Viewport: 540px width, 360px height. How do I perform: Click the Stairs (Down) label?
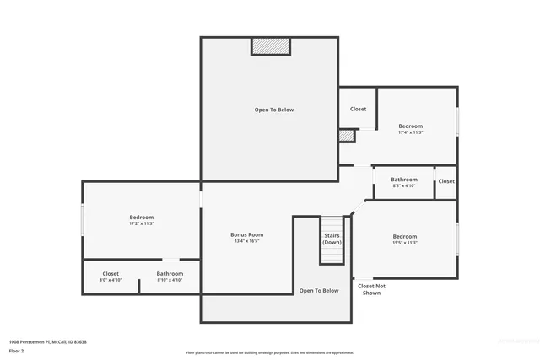332,239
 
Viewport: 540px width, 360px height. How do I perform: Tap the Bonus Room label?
247,234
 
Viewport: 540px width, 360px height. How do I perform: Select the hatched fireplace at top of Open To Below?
269,46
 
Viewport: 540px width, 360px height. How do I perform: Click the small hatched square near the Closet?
345,136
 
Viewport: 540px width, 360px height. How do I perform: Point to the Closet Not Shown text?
371,289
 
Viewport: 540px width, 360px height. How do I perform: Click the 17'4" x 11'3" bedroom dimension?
411,132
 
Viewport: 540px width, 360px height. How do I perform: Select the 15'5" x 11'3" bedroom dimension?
404,243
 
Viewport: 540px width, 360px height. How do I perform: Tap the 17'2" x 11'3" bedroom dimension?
141,223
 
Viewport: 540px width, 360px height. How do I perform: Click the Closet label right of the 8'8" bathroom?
446,181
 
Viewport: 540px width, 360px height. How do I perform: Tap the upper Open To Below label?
274,110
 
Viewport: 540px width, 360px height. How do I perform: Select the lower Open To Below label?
319,291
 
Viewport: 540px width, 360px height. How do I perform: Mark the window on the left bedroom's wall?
83,221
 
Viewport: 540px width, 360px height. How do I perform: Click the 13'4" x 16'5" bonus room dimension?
247,241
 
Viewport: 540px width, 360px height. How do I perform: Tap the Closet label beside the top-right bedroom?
358,109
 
